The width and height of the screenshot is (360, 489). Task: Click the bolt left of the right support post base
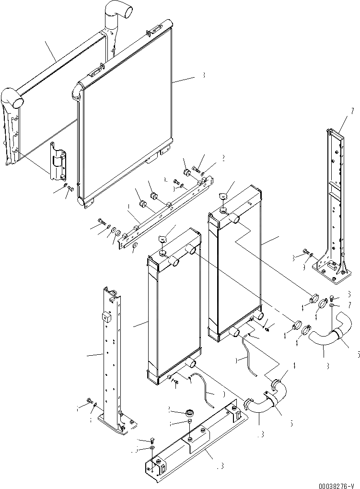point(305,252)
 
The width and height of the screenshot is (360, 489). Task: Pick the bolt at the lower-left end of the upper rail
point(101,221)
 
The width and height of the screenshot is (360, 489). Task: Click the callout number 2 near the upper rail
point(223,157)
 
